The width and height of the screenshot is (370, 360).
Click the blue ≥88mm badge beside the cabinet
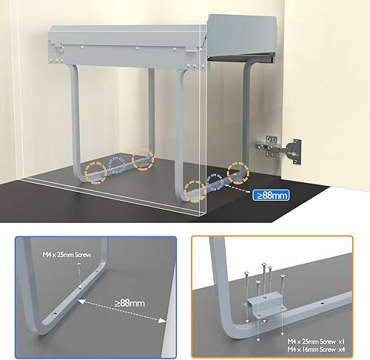(x=271, y=196)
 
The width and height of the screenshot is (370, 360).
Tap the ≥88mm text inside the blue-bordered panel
(x=130, y=303)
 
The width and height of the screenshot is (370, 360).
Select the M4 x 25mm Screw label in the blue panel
(x=67, y=255)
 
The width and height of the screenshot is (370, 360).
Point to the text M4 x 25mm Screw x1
(x=316, y=341)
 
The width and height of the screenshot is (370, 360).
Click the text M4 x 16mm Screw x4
(x=316, y=350)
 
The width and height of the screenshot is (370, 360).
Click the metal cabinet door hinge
(x=279, y=150)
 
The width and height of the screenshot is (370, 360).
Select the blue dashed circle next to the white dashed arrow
(x=215, y=182)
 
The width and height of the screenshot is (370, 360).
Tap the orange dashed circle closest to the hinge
(x=238, y=173)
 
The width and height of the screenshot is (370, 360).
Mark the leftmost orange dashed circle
(x=96, y=173)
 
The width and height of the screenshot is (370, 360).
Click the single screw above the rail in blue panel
(x=79, y=276)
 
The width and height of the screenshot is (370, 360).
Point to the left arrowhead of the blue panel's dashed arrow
(x=82, y=301)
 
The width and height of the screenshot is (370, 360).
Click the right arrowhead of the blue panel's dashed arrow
(x=162, y=321)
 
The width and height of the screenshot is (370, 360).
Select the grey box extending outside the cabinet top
(x=242, y=37)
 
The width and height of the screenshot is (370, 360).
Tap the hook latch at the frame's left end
(x=59, y=47)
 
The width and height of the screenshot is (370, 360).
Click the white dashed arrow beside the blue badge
(x=238, y=190)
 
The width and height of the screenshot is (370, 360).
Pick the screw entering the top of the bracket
(x=264, y=281)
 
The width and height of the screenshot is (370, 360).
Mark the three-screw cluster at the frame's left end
(x=56, y=61)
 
